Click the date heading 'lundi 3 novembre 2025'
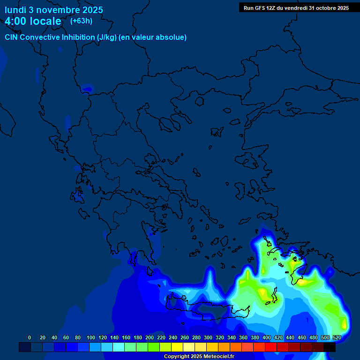(54, 10)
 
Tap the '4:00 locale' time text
(33, 21)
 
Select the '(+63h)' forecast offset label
(81, 21)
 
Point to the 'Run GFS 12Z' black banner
(296, 7)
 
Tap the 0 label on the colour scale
(30, 337)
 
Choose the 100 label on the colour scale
(90, 337)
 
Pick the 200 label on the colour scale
(149, 337)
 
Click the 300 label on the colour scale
(208, 337)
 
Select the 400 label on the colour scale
(266, 337)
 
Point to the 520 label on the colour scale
(337, 337)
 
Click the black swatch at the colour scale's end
(330, 347)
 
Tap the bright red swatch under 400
(271, 347)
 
